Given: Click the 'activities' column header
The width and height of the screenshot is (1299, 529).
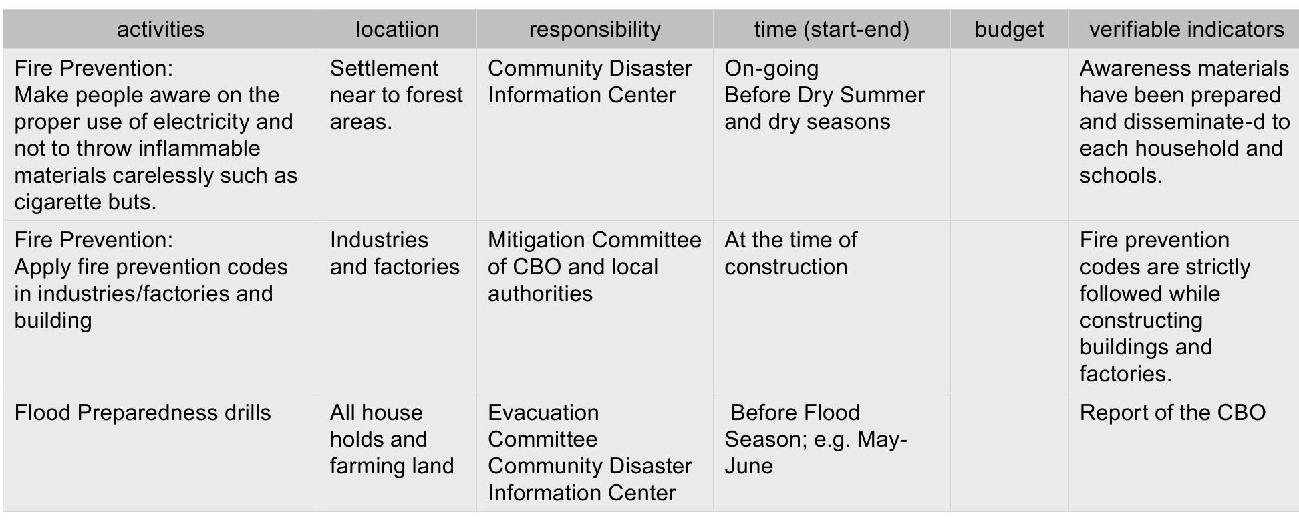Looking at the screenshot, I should coord(160,29).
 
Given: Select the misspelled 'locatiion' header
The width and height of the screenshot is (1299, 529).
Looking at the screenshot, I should coord(397,29).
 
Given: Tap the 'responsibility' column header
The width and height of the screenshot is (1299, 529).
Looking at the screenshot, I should coord(594,29).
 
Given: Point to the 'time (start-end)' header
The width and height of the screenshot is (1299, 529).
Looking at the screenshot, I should coord(831,29).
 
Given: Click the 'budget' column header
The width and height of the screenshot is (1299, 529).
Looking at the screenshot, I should coord(1009,29).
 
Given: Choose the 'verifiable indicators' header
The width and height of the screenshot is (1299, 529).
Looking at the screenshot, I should coord(1186,29).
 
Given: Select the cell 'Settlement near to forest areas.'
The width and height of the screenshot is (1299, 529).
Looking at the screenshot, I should coord(396,95).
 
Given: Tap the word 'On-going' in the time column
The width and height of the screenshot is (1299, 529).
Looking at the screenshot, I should coord(771,68).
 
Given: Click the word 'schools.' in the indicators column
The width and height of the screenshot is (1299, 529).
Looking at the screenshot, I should coord(1121,175).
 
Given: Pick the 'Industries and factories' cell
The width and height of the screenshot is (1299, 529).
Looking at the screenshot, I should coord(394,253).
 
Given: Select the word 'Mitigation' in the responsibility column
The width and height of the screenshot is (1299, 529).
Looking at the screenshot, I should coord(536,240).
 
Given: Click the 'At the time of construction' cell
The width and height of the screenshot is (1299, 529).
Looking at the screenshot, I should coord(790,253).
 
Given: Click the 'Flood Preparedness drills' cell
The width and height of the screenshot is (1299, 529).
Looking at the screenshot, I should coord(142,413).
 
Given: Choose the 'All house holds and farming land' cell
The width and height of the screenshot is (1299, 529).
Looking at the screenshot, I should coord(392,439).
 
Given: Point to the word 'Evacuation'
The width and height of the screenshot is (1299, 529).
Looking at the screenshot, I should coord(543,413).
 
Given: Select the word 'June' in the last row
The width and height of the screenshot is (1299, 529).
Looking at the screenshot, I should coord(748,466).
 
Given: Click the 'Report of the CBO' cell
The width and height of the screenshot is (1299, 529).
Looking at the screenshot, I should coord(1172,413).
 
